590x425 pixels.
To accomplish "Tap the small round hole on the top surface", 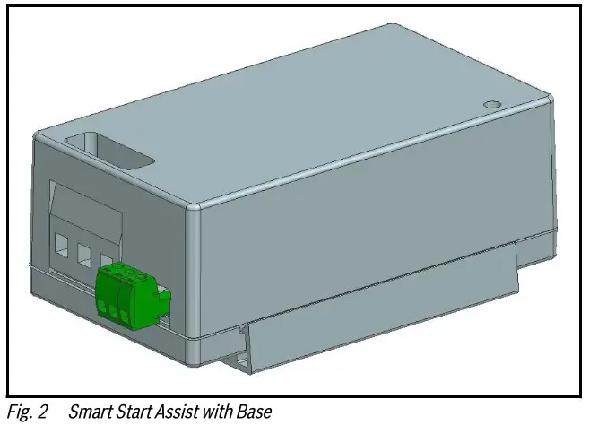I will pyautogui.click(x=490, y=105).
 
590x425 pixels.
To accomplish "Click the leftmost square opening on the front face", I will pyautogui.click(x=63, y=244).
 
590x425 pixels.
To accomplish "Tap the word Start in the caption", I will pyautogui.click(x=133, y=412).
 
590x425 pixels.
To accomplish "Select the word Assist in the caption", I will pyautogui.click(x=177, y=412).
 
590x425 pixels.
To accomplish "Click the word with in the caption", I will pyautogui.click(x=216, y=412).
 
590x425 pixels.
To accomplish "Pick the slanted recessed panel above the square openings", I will pyautogui.click(x=86, y=209).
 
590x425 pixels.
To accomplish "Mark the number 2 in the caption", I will pyautogui.click(x=42, y=412).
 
